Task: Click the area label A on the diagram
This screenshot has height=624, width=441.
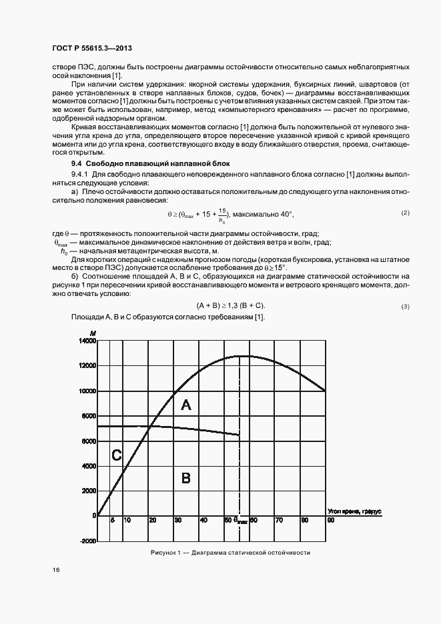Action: tap(186, 405)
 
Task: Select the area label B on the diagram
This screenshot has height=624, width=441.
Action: tap(186, 477)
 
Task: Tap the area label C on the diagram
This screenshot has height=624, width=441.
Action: tap(116, 456)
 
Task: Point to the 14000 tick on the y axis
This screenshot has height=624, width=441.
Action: tap(87, 341)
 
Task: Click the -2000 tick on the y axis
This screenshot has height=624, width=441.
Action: tap(87, 541)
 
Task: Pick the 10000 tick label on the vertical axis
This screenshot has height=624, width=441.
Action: tap(87, 391)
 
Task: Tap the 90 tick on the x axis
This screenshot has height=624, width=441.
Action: tap(330, 520)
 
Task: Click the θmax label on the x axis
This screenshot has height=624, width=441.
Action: tap(241, 521)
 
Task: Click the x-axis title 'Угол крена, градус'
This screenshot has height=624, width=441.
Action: tap(354, 511)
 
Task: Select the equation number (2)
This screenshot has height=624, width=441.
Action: tap(405, 213)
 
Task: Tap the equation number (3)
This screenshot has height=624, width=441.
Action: tap(405, 306)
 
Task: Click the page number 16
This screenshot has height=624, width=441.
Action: tap(55, 570)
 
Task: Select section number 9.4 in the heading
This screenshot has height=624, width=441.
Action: tap(76, 163)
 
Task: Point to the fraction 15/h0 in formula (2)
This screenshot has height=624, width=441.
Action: tap(221, 215)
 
